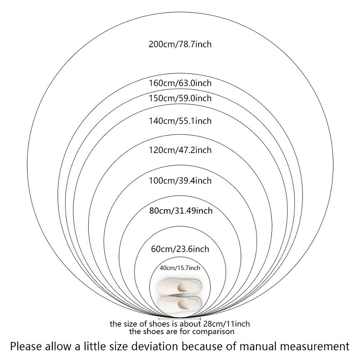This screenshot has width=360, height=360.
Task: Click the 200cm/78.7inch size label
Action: (180, 44)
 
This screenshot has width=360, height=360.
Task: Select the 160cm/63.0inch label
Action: (180, 83)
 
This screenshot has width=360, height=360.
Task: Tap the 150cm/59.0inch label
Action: (180, 98)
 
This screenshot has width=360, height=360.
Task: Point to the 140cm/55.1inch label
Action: (180, 121)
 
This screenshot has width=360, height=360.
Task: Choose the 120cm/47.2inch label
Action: (180, 150)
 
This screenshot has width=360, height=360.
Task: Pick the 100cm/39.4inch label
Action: (180, 180)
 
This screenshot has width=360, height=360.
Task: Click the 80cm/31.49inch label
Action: (180, 210)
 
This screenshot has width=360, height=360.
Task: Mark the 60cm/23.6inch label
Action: (180, 248)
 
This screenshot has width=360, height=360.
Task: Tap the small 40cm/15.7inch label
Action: (180, 268)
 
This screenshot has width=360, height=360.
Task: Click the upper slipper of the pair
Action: (180, 287)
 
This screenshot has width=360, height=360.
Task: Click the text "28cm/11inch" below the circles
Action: (227, 324)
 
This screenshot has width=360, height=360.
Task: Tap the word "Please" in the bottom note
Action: (25, 346)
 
